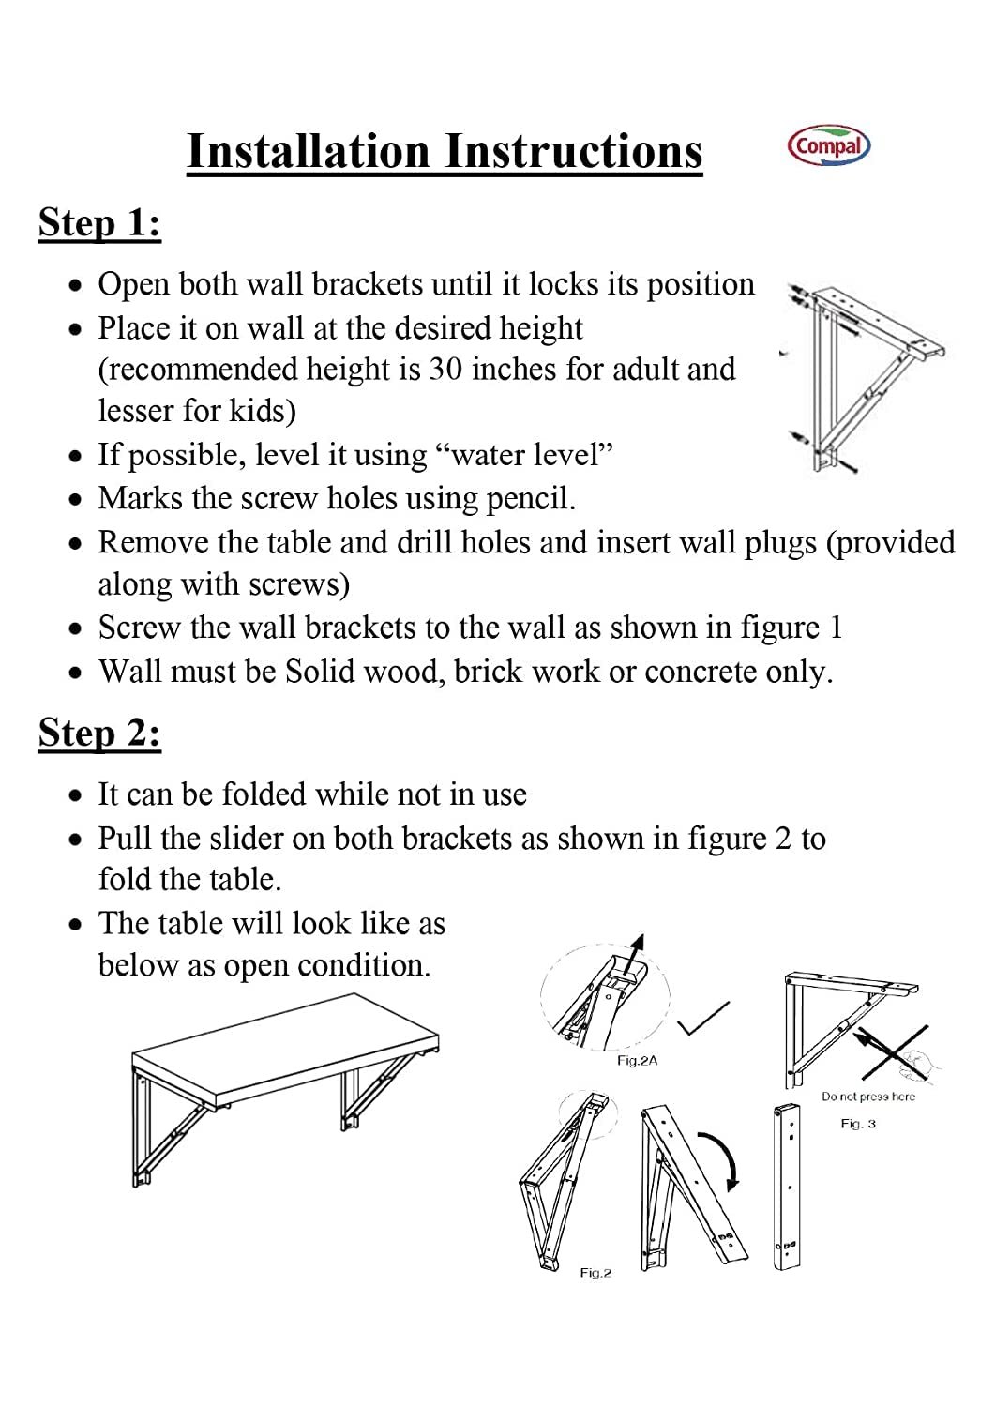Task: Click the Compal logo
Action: (829, 147)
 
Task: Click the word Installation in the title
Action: (309, 151)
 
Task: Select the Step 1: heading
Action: (99, 223)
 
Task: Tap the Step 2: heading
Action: (99, 733)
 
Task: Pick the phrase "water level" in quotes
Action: (525, 455)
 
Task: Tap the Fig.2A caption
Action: (637, 1061)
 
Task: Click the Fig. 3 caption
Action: (857, 1124)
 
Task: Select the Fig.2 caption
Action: (595, 1273)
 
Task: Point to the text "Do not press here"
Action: (867, 1097)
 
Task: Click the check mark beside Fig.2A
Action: (704, 1020)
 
